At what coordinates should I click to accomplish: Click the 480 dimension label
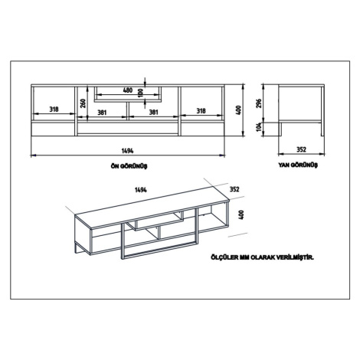128,90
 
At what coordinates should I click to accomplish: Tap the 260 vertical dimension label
83,103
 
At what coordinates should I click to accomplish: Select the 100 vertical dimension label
139,93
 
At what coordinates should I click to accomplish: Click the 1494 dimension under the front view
127,151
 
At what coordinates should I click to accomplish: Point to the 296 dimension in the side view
259,103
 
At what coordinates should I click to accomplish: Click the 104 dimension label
259,127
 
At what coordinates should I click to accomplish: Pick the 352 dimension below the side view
301,149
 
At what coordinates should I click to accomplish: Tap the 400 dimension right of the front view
239,110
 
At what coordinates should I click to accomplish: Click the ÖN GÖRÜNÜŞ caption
129,166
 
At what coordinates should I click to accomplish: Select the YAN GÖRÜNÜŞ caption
298,165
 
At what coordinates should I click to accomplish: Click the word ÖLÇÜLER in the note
224,257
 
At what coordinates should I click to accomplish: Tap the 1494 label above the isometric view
141,190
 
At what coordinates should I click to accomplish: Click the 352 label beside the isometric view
234,189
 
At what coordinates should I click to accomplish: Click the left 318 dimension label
54,110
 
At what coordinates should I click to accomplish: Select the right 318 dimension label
201,111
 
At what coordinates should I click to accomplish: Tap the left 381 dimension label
102,113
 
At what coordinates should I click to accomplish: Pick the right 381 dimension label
153,113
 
